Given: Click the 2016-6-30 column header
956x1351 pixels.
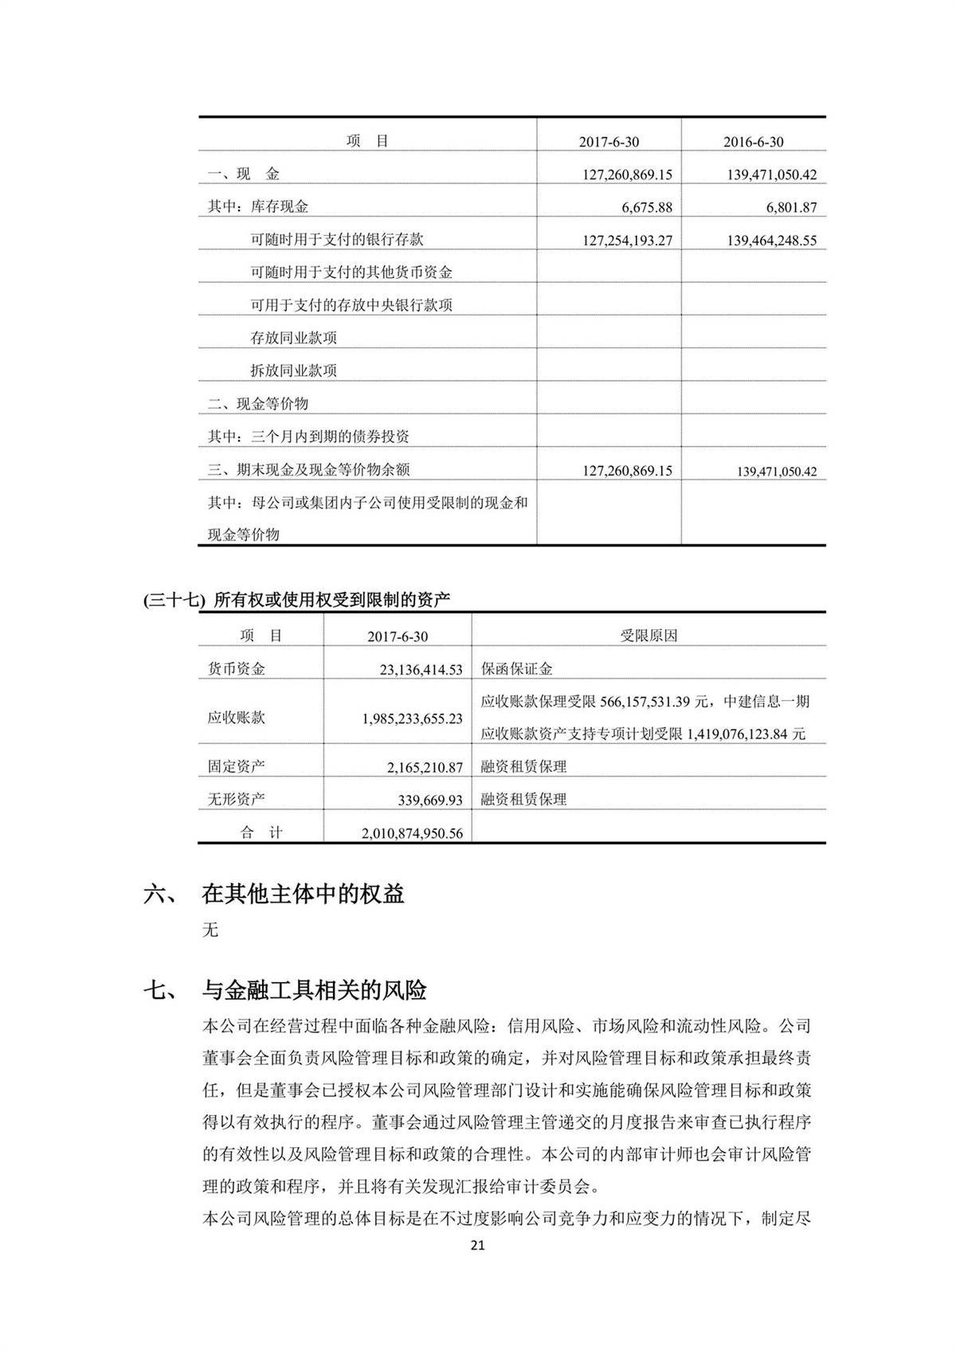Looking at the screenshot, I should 753,142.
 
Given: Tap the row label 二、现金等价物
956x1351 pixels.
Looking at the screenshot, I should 257,403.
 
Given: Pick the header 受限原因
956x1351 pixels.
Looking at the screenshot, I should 648,636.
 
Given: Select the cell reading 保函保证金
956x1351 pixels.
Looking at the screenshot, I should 516,669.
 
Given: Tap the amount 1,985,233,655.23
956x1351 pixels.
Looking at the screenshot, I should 412,718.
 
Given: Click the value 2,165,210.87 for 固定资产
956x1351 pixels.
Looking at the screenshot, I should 425,767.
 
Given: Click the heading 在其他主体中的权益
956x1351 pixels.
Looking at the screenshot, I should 303,894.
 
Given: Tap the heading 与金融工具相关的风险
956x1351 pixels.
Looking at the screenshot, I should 314,990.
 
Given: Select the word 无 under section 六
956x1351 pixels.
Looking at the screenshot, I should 210,930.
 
